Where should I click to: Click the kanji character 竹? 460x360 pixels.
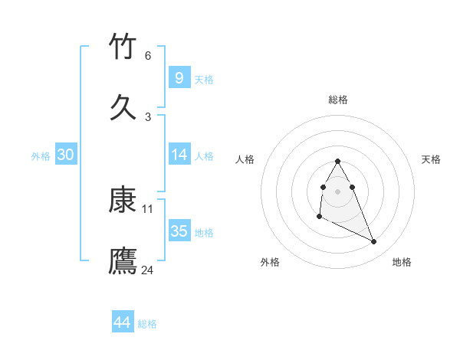(x=123, y=47)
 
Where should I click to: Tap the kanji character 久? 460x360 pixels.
(x=123, y=107)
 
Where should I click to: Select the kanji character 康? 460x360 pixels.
(x=123, y=201)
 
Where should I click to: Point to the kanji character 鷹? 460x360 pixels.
(x=123, y=260)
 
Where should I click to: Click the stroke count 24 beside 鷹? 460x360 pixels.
(x=148, y=270)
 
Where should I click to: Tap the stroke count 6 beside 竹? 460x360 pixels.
(x=148, y=56)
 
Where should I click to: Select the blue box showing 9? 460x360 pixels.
(x=179, y=78)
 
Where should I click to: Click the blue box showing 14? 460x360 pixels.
(x=179, y=155)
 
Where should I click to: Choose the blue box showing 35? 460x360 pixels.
(x=179, y=231)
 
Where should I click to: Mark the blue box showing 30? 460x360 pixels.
(x=66, y=155)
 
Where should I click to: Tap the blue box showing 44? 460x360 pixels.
(x=122, y=322)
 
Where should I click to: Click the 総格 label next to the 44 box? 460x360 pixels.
(x=147, y=324)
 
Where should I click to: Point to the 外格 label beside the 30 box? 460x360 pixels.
(x=41, y=156)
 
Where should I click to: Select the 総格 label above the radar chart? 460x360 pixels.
(x=338, y=100)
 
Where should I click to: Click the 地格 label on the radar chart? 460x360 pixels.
(x=402, y=262)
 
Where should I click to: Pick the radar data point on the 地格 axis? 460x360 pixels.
(x=374, y=242)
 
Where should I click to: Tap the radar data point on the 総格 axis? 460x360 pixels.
(x=338, y=161)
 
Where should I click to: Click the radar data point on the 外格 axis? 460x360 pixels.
(x=319, y=217)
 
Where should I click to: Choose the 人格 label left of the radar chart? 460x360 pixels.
(x=245, y=159)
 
